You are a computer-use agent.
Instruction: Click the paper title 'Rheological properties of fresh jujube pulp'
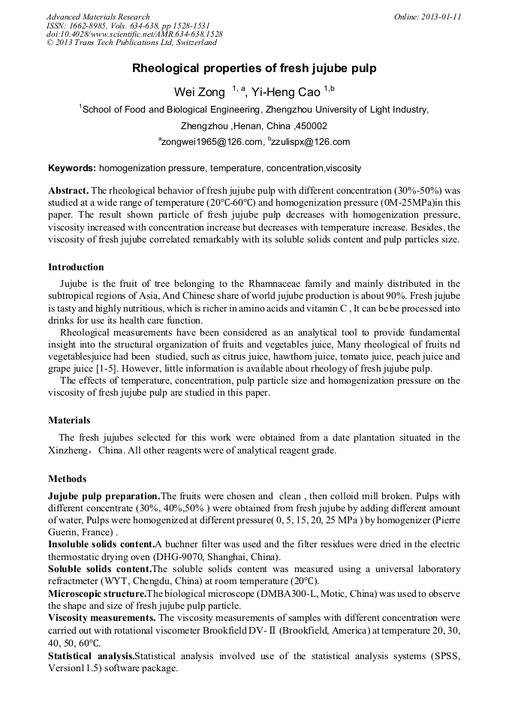tap(254, 68)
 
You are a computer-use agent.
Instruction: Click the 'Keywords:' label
tap(72, 168)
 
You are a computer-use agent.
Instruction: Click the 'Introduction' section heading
tap(76, 267)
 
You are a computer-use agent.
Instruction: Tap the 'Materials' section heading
tap(69, 420)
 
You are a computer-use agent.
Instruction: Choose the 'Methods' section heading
tap(67, 479)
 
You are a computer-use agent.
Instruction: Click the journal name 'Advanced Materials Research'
tap(98, 17)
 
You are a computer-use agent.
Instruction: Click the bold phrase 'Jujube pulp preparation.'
tap(104, 496)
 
